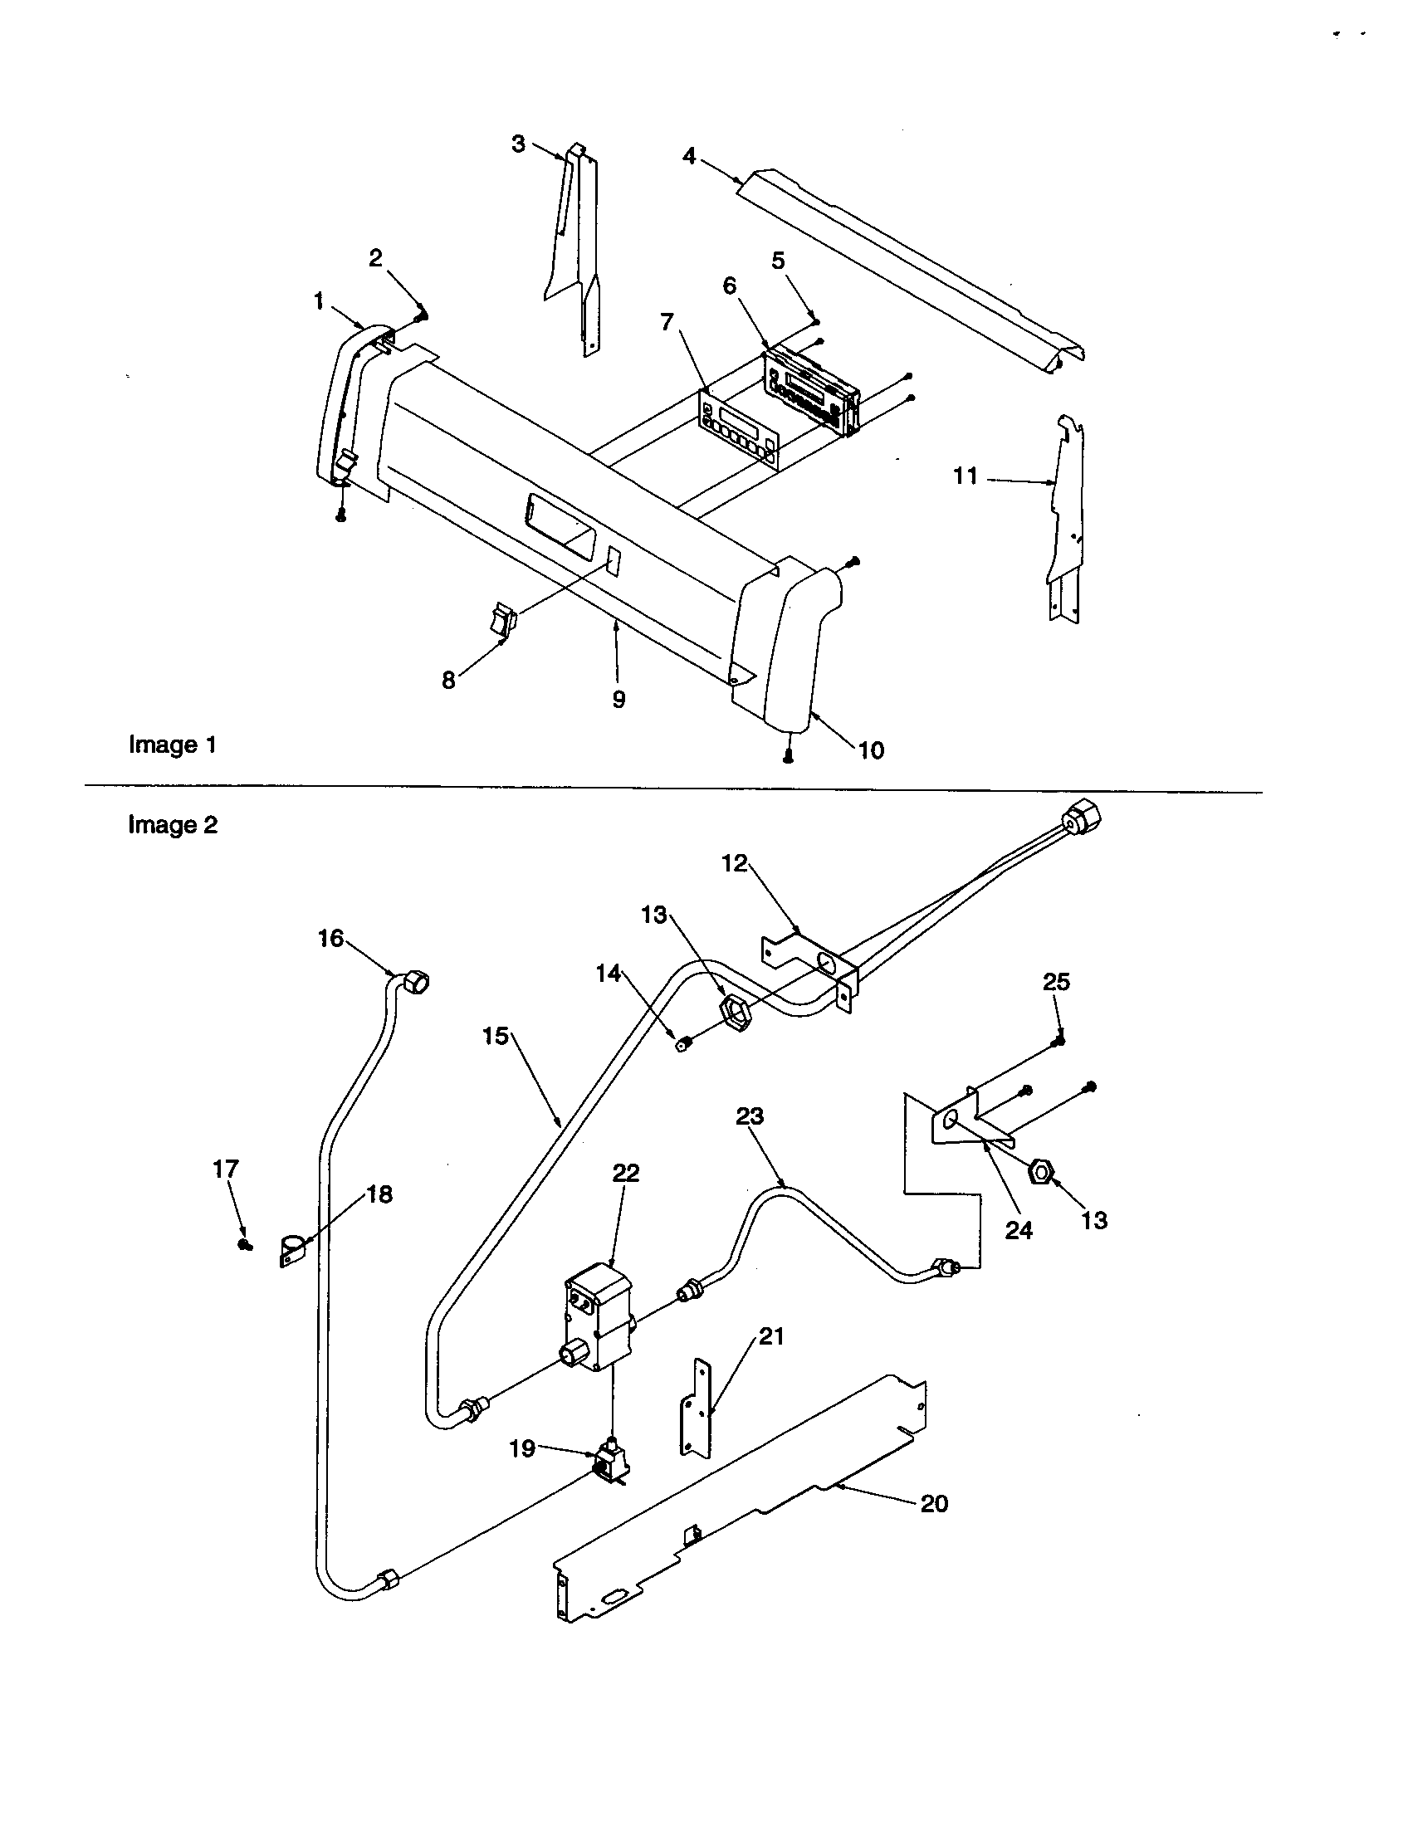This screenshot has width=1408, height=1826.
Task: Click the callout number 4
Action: point(689,156)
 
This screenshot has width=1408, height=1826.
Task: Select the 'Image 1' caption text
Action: point(172,745)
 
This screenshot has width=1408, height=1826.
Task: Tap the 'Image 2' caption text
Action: point(172,825)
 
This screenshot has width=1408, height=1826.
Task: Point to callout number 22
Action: point(625,1173)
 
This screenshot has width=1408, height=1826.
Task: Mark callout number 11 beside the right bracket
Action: point(966,476)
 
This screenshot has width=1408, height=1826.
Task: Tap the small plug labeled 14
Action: point(683,1043)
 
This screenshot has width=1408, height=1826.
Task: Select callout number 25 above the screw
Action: point(1056,982)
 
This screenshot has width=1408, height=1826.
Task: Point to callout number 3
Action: point(518,144)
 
